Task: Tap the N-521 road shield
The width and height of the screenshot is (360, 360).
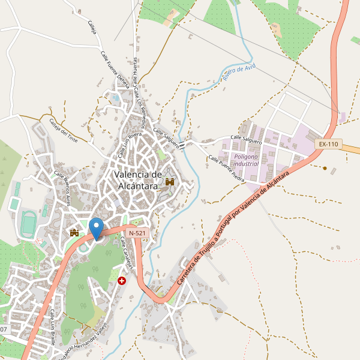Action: [136, 232]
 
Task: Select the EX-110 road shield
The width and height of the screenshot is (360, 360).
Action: [329, 144]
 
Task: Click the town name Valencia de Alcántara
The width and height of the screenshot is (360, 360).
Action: [138, 180]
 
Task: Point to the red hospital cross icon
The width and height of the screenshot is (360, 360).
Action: [122, 280]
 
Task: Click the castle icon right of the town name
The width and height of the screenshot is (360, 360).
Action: [170, 182]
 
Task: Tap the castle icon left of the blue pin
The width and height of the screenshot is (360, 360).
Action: [75, 232]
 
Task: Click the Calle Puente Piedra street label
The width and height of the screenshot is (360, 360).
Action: [227, 170]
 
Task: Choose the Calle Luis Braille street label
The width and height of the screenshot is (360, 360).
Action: [53, 328]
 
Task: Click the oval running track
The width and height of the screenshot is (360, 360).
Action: [27, 223]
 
